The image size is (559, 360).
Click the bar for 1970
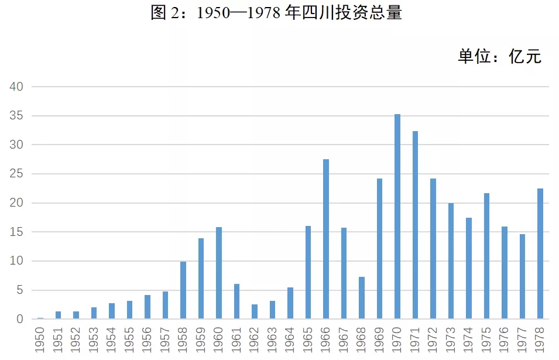[397, 217]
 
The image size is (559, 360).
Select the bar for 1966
[326, 239]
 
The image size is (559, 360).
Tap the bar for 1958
[183, 290]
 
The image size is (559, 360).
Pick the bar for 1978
[540, 254]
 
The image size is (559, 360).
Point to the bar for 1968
[362, 298]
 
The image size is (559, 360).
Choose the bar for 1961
[236, 301]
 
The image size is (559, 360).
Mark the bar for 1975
[486, 256]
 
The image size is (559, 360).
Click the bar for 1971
[415, 225]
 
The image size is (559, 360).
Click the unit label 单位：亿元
[499, 56]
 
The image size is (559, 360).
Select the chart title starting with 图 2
[276, 13]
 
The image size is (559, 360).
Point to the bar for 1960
[219, 273]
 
